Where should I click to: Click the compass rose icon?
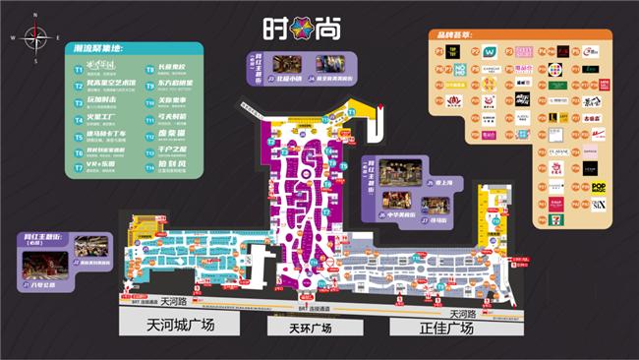[36, 38]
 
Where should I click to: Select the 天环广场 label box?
[305, 328]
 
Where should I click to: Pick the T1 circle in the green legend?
[79, 69]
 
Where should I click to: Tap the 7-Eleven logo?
[554, 218]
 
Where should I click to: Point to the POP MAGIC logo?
[598, 186]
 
